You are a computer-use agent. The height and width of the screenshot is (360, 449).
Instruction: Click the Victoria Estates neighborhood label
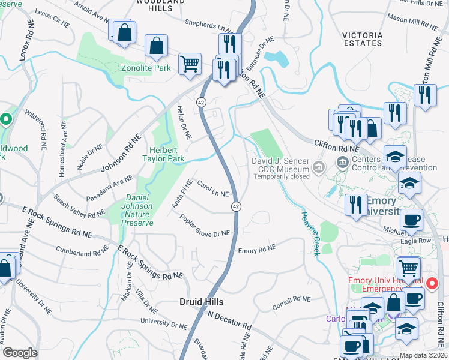point(362,39)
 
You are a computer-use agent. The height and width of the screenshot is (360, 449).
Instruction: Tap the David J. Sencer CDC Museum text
point(280,166)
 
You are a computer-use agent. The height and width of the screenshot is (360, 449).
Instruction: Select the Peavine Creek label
point(310,233)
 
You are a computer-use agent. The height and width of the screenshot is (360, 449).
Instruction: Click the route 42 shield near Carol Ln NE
point(237,206)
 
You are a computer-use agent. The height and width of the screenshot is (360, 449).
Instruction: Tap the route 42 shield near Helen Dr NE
point(200,103)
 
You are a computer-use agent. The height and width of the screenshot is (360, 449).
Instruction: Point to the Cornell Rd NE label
point(291,301)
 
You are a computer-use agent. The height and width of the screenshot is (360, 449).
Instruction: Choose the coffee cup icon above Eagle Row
point(411,220)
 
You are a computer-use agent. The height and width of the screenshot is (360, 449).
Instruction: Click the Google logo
point(20,353)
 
